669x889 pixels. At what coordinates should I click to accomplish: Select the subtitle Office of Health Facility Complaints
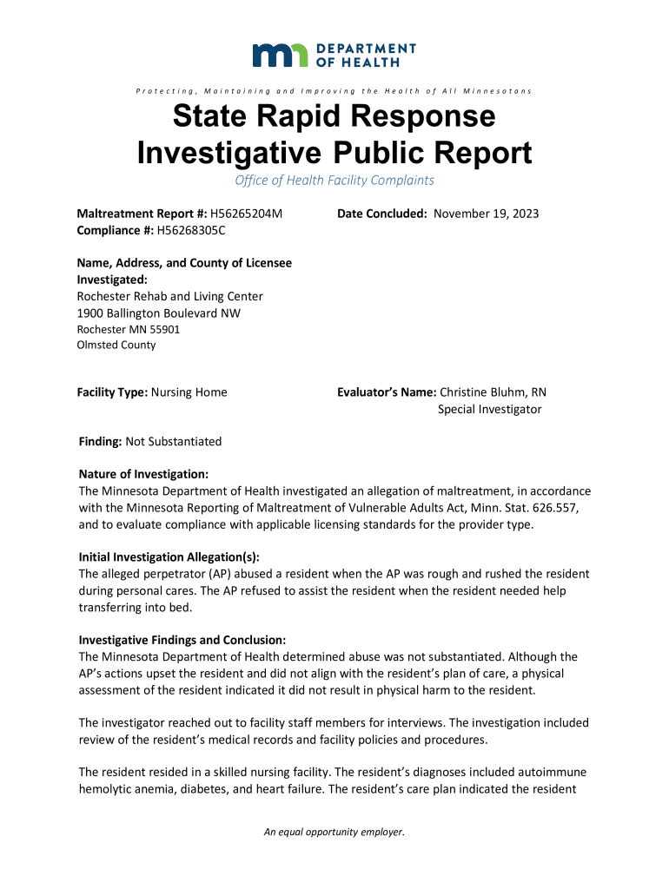coord(334,181)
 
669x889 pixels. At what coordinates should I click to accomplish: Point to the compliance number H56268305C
coord(190,230)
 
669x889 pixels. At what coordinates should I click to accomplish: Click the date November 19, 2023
coord(487,214)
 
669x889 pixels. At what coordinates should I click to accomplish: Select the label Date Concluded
coord(383,214)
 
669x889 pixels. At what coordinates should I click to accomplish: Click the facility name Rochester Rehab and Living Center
coord(170,296)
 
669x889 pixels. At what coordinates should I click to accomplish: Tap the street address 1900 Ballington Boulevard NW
coord(159,313)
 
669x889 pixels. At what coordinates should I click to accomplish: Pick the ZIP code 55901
coord(164,329)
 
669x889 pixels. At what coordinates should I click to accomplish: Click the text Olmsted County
coord(116,345)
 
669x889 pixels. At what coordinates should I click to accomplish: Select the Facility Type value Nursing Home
coord(189,392)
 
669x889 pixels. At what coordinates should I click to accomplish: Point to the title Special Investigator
coord(489,409)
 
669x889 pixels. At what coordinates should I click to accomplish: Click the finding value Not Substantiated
coord(174,441)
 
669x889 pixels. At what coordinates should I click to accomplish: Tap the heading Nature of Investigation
coord(143,474)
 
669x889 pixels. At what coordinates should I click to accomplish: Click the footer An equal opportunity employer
coord(334,833)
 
